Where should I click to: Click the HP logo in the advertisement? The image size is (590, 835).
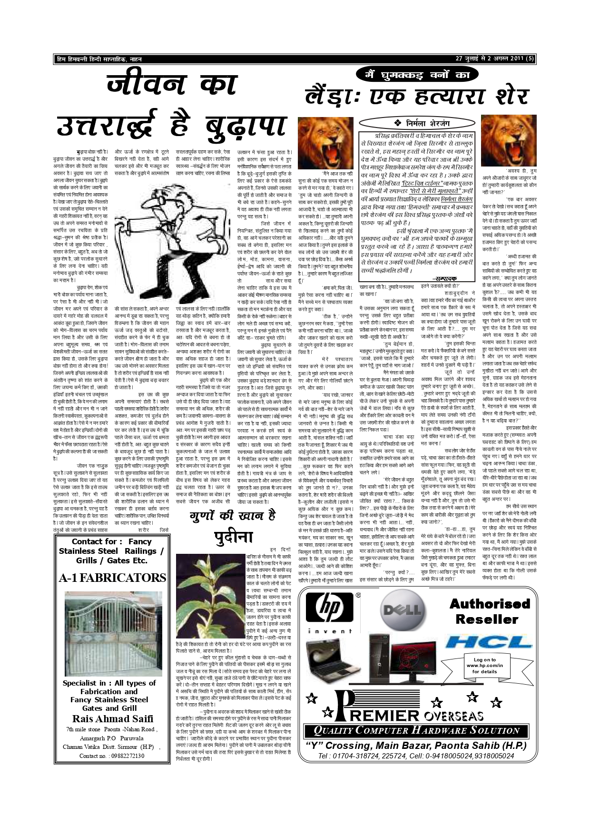click(x=329, y=609)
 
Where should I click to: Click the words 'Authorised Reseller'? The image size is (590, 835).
click(x=490, y=611)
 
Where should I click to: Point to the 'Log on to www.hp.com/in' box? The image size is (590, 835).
click(x=485, y=665)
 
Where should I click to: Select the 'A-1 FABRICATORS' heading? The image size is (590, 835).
click(x=112, y=578)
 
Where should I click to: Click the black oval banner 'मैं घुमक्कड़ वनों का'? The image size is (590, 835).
click(x=417, y=74)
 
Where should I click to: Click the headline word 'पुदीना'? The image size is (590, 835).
click(x=233, y=537)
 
